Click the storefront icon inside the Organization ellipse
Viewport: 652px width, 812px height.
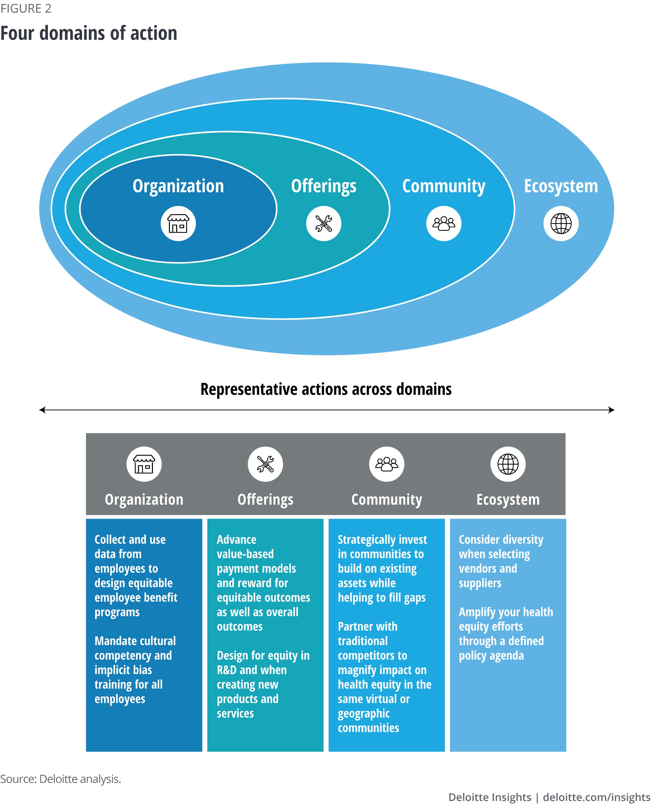coord(178,223)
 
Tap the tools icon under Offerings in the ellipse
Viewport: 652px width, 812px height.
coord(323,223)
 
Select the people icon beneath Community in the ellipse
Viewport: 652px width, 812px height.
coord(444,223)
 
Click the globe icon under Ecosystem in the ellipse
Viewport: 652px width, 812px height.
coord(561,223)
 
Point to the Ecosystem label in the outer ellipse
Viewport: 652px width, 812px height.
coord(560,186)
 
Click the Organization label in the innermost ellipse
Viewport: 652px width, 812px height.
coord(178,186)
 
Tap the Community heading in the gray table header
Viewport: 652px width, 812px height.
coord(386,499)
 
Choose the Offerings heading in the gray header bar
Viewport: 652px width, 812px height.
coord(265,499)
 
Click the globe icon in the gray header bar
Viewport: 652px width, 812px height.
coord(508,464)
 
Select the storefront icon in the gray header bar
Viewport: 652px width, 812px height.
coord(144,464)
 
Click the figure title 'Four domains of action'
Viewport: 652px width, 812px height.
coord(89,33)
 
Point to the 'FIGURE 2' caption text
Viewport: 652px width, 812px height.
coord(26,8)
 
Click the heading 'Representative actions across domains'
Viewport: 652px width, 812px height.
coord(326,389)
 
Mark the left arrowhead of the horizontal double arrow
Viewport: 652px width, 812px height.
coord(42,410)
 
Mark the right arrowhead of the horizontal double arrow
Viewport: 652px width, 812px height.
coord(611,410)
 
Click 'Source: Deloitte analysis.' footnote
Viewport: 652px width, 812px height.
coord(61,779)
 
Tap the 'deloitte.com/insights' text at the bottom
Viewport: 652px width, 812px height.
coord(596,797)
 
